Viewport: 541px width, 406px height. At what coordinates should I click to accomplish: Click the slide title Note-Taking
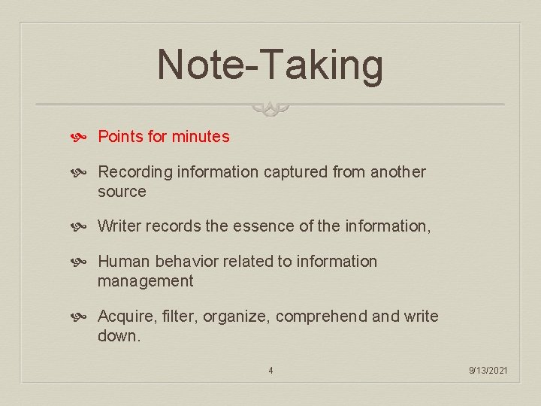pyautogui.click(x=270, y=65)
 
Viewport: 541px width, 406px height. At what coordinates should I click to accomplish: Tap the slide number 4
pyautogui.click(x=270, y=370)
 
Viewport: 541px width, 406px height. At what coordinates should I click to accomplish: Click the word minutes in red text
pyautogui.click(x=201, y=137)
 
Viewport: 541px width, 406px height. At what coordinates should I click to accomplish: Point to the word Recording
pyautogui.click(x=135, y=172)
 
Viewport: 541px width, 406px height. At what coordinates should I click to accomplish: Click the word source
pyautogui.click(x=122, y=192)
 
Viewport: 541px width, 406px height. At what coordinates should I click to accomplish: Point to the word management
pyautogui.click(x=145, y=281)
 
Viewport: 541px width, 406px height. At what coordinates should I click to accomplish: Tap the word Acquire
pyautogui.click(x=125, y=317)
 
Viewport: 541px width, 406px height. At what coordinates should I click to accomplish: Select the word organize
pyautogui.click(x=231, y=317)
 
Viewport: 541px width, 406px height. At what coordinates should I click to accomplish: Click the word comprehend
pyautogui.click(x=322, y=317)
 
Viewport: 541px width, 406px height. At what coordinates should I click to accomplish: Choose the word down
pyautogui.click(x=119, y=336)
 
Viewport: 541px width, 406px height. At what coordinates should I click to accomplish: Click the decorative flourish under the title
pyautogui.click(x=270, y=109)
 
